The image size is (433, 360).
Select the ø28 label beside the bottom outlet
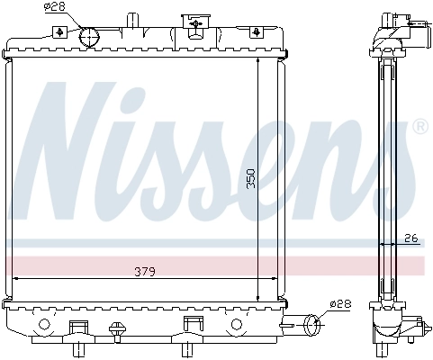tap(339, 304)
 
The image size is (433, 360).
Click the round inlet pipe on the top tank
tap(88, 36)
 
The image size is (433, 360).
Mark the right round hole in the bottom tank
tap(238, 324)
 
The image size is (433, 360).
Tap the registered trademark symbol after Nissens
tap(419, 129)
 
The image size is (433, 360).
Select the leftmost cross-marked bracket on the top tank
tap(59, 31)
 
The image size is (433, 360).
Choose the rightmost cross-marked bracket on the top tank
tap(258, 31)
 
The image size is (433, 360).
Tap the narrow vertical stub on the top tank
tap(133, 20)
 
